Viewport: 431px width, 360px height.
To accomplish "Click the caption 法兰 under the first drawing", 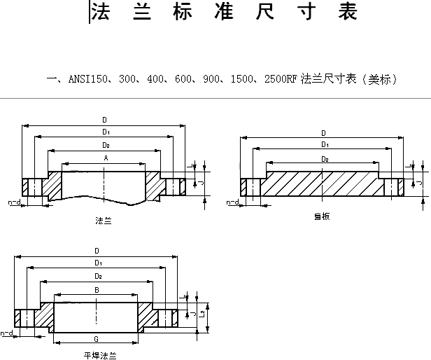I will coord(104,221).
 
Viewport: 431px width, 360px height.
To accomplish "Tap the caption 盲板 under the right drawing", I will coord(322,216).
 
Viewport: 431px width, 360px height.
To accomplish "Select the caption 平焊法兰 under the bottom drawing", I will coord(100,355).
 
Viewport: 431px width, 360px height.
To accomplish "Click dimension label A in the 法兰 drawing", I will coord(106,159).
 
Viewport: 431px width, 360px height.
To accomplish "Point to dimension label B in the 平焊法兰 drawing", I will coord(97,289).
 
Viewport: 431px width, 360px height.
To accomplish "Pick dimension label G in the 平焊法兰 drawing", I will coord(97,338).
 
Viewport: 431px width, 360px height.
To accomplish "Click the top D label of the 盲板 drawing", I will coord(323,133).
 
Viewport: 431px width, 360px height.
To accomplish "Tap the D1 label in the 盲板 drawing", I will coord(324,144).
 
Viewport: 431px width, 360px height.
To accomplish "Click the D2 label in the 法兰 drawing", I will coord(106,145).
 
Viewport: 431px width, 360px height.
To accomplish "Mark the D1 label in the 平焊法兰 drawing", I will coord(97,263).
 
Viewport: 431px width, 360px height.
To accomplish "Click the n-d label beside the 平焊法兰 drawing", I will coord(7,333).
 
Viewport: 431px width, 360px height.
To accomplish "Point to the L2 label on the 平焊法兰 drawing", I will coord(202,312).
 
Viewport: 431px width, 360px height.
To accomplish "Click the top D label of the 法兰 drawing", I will coord(105,120).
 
